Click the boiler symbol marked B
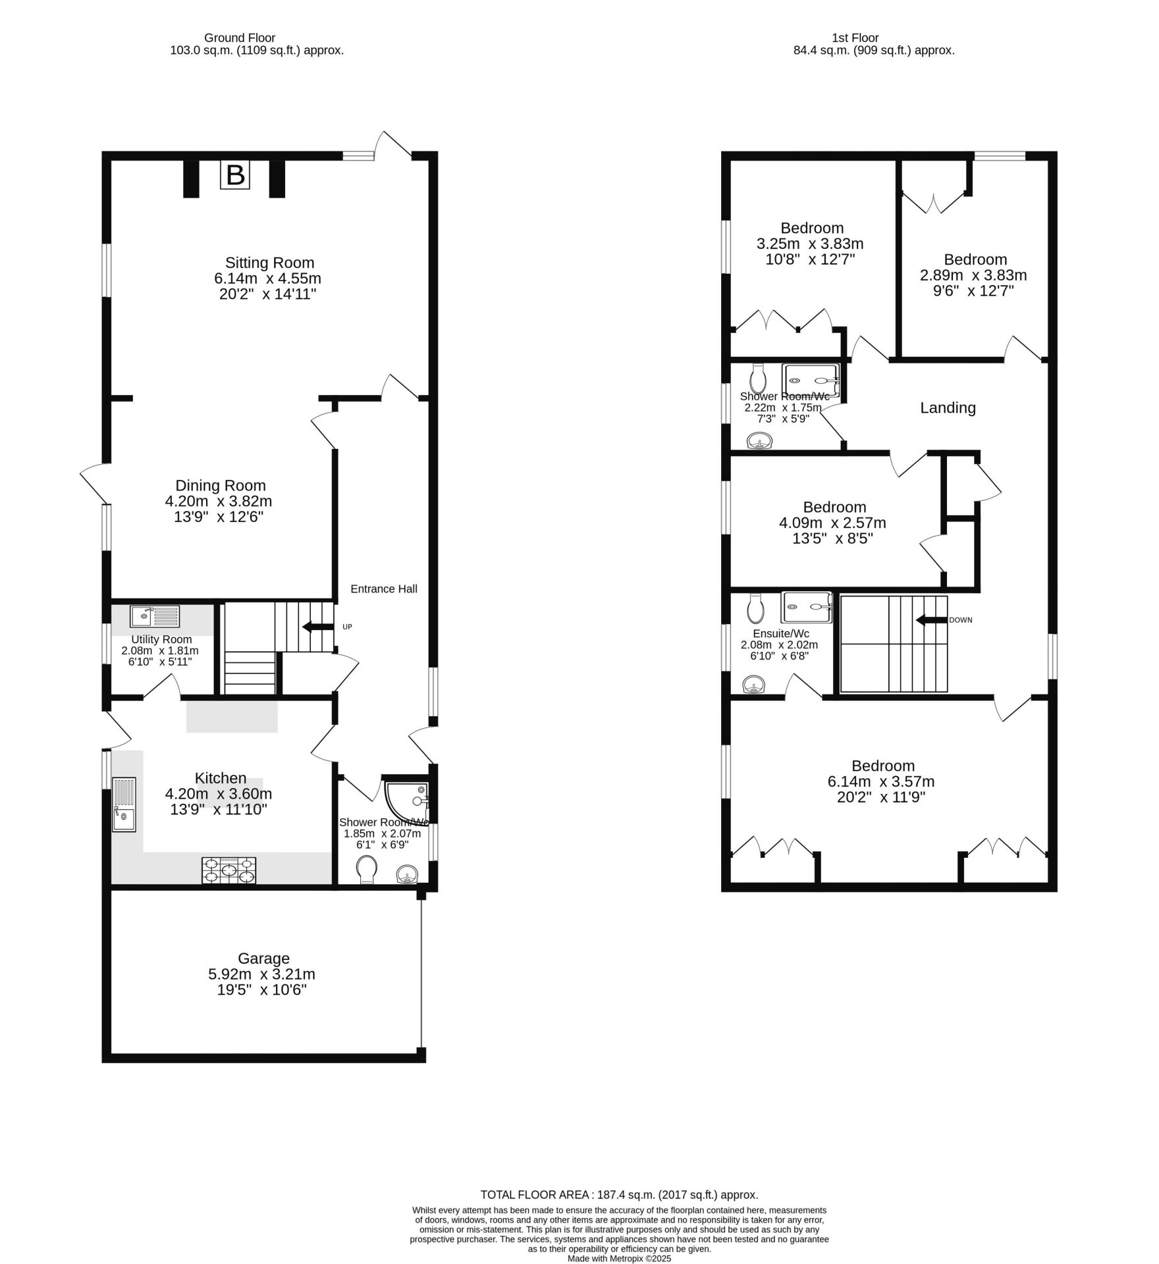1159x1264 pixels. pos(235,176)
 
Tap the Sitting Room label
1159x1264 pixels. pos(269,262)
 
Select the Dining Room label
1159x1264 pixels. pos(220,485)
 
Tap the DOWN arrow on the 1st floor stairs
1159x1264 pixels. pos(931,620)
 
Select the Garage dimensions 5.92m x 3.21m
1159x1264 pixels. pos(261,974)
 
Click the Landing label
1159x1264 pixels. pos(948,408)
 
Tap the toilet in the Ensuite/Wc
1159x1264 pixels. pos(755,609)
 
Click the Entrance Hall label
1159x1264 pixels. pos(383,589)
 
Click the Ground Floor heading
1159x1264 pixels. pos(240,38)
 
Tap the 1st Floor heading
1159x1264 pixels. pos(855,38)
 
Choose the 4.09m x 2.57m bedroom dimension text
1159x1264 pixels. pos(832,523)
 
